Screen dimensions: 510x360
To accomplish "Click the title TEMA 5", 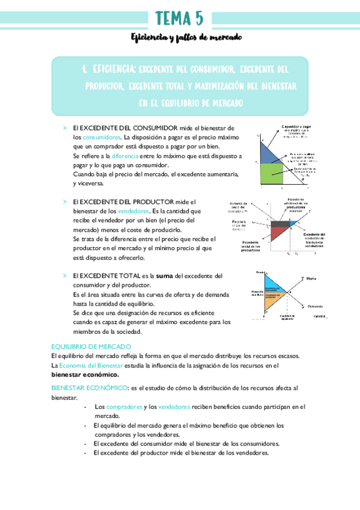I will coord(179,17).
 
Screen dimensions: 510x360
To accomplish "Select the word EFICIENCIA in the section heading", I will coord(112,70).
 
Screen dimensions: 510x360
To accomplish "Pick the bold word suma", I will coord(165,275).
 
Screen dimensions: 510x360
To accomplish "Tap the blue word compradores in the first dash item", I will coord(125,407).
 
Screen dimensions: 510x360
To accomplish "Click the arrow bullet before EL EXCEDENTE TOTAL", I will coord(64,275).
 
